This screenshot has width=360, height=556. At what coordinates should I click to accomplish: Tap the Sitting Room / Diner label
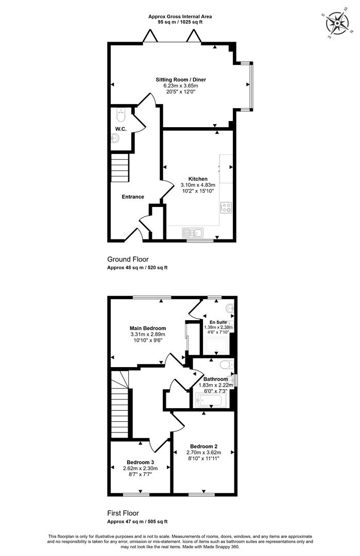coord(181,80)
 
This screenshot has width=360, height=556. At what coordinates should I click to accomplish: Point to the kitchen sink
coord(193,233)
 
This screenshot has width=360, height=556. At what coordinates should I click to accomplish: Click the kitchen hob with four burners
coord(226,207)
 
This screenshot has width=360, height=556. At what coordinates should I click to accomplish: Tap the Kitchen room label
coord(198,179)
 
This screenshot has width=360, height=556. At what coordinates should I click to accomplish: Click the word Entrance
coord(133,197)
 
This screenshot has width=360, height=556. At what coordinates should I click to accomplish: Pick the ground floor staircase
coord(119,168)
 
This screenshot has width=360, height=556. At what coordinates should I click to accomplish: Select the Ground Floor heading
coord(128,259)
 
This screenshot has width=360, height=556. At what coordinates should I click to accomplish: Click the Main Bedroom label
coord(147,328)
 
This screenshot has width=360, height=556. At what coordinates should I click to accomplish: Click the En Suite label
coord(218,322)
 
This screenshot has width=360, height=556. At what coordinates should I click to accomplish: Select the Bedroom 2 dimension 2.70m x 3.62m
coord(203,453)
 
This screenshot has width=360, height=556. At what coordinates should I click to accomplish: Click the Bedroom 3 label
coord(140,462)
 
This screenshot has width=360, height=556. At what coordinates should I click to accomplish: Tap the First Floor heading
coord(123,513)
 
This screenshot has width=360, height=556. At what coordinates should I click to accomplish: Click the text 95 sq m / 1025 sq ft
coord(180,22)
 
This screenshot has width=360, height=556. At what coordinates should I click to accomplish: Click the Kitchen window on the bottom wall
coord(200,241)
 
